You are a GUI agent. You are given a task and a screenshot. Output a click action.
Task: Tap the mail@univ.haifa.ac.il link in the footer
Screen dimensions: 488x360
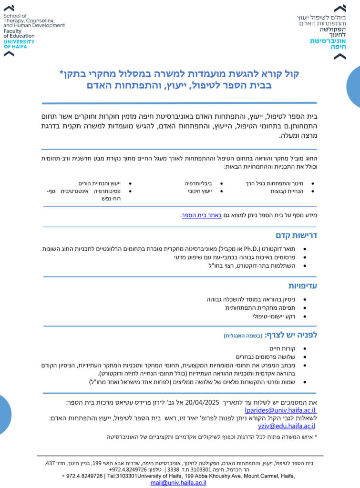tap(178, 483)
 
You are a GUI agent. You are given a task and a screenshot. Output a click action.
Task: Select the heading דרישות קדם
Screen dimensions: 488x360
tap(296, 235)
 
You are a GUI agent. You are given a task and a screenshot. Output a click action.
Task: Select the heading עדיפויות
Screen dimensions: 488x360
tap(302, 286)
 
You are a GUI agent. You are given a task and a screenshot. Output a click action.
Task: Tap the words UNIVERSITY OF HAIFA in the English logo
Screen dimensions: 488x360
tap(19, 44)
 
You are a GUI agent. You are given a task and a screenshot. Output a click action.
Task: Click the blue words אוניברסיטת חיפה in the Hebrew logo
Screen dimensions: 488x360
tap(328, 44)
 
